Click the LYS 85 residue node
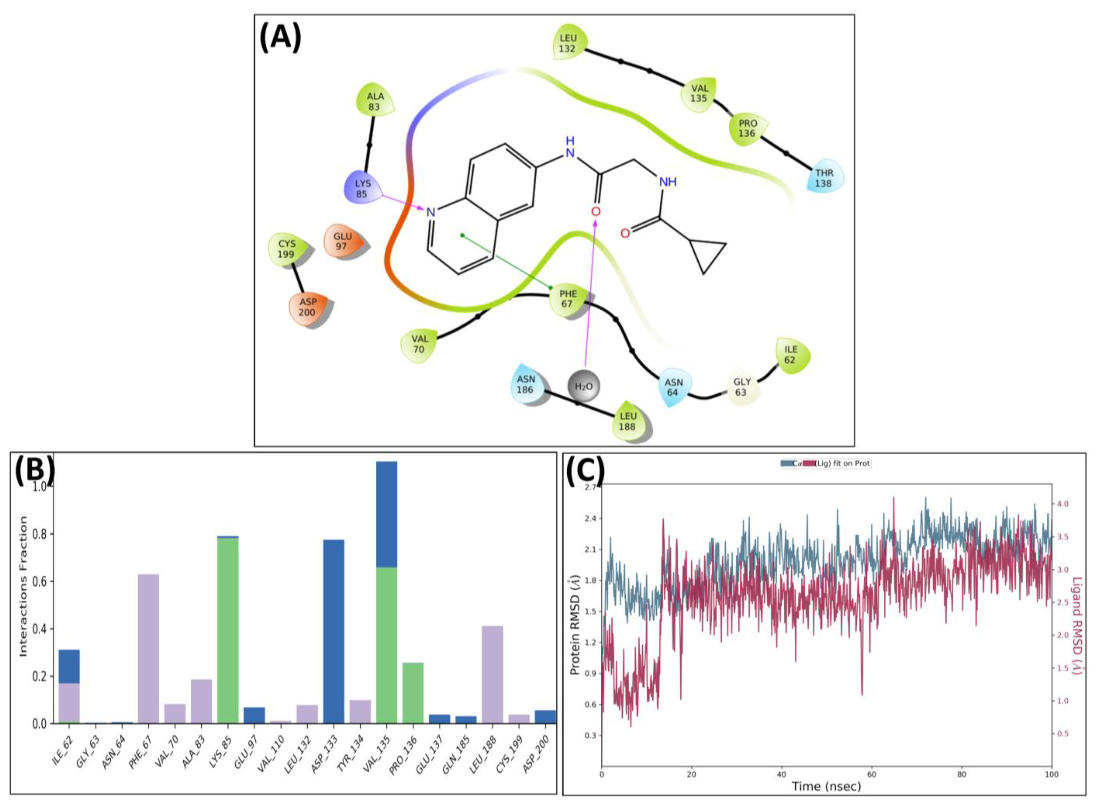[363, 189]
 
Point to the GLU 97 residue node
[342, 241]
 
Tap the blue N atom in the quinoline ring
[430, 212]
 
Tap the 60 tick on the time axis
[872, 774]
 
